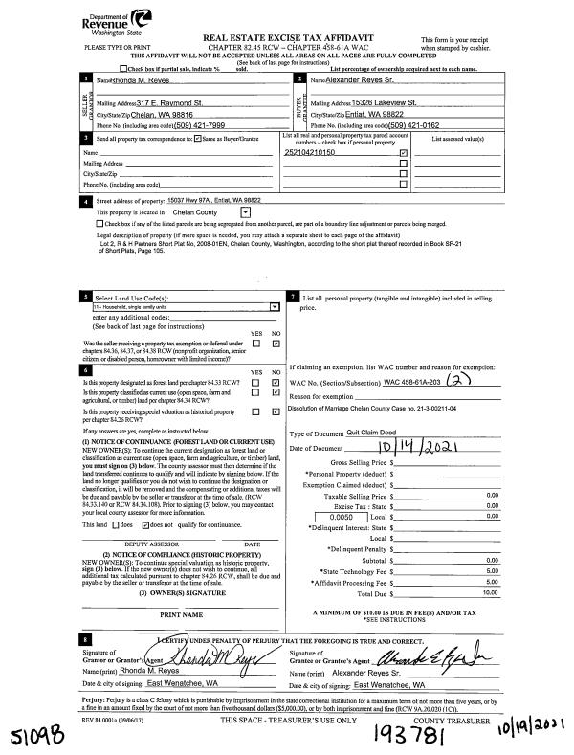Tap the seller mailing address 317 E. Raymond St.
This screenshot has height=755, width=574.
(170, 101)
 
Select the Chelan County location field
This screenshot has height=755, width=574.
(190, 211)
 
